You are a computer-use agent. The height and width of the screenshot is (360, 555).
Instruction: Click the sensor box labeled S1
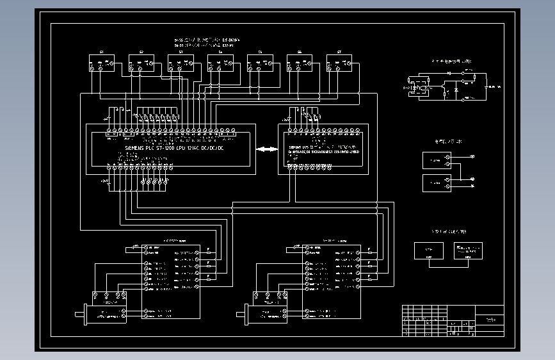101,63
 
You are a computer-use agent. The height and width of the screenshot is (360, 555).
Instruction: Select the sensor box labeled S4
220,63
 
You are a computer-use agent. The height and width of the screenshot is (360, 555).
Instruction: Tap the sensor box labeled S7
339,63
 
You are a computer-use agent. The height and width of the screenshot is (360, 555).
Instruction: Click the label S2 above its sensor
141,51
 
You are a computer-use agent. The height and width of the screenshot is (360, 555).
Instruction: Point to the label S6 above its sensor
300,51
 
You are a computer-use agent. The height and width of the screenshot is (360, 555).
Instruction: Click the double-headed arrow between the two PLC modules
266,149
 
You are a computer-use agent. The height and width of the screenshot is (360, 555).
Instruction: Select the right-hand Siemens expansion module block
323,149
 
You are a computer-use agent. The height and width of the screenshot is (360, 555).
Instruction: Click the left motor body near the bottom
106,315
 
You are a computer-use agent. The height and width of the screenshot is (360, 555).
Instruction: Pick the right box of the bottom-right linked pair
467,250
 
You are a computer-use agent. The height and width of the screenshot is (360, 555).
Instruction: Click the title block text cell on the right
491,318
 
